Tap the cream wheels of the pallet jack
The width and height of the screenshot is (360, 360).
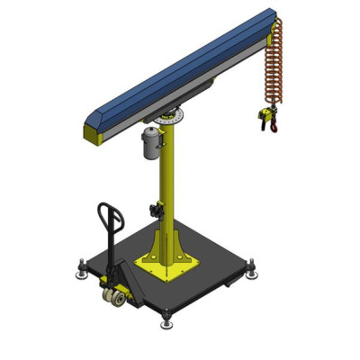point(115,297)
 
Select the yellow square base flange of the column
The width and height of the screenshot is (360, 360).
point(166,266)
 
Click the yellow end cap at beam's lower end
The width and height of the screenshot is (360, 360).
point(93,134)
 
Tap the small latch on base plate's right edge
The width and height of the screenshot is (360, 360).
point(232,282)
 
